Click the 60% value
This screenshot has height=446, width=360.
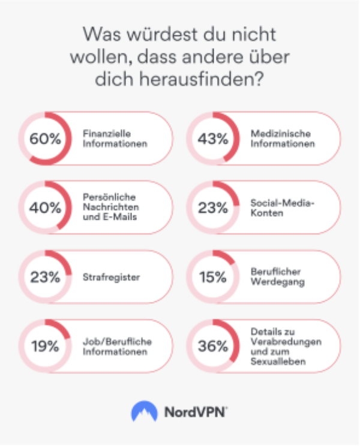point(46,139)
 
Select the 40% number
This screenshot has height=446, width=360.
point(46,208)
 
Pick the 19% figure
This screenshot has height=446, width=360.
point(46,346)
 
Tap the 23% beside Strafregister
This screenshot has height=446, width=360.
point(46,277)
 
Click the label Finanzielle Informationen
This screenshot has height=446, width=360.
point(115,139)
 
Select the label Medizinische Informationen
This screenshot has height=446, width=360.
point(283,139)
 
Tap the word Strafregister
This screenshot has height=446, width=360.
point(112,277)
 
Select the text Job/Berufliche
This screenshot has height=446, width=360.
point(117,342)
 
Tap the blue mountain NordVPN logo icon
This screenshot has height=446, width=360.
point(144,411)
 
